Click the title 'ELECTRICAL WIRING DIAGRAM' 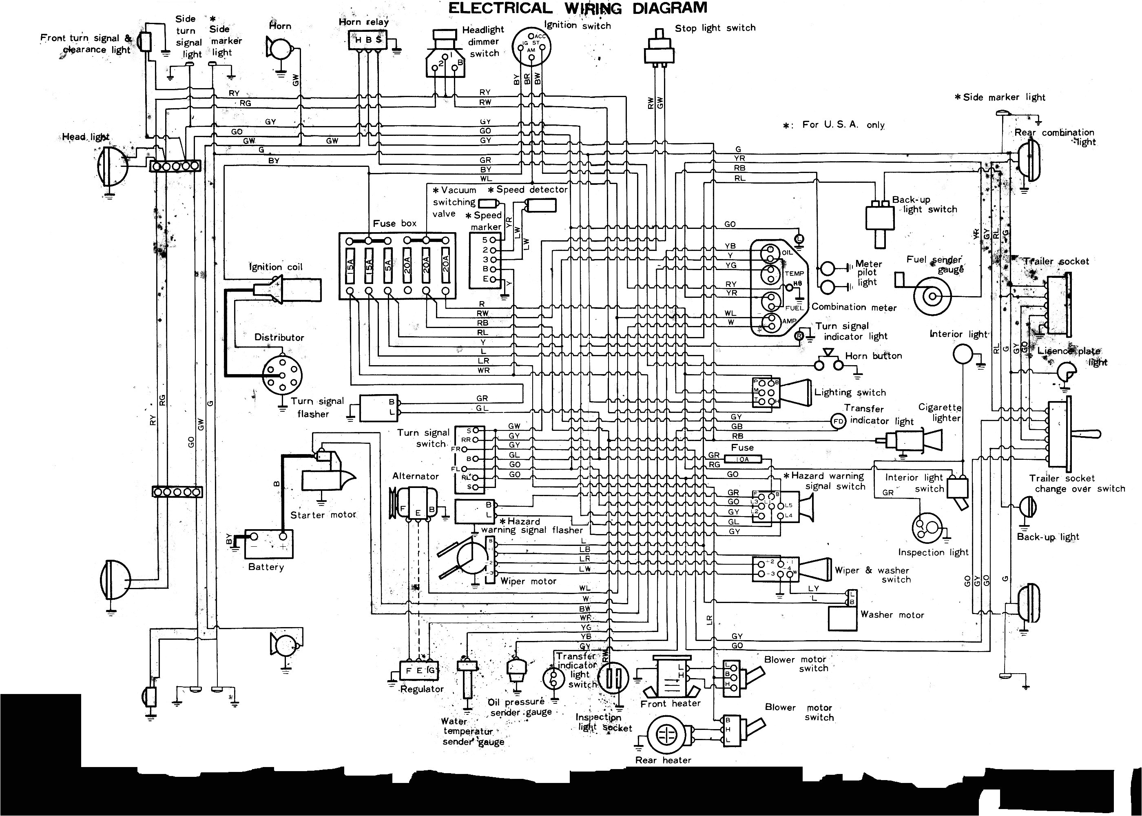point(577,8)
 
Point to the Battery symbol point(269,544)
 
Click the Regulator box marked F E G point(419,670)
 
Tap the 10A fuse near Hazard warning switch point(743,459)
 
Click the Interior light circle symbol point(963,354)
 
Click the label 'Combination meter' point(854,307)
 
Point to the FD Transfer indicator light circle point(838,421)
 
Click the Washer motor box point(842,619)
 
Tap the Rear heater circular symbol point(666,734)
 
